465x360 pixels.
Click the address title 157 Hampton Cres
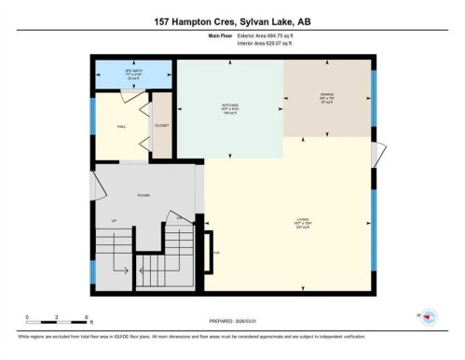pyautogui.click(x=232, y=20)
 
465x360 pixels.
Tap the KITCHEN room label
pyautogui.click(x=230, y=106)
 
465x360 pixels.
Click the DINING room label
pyautogui.click(x=326, y=97)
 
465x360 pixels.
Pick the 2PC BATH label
pyautogui.click(x=120, y=72)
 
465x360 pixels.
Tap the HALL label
pyautogui.click(x=120, y=125)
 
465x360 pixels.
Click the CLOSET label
pyautogui.click(x=161, y=126)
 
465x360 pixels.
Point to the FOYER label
pyautogui.click(x=144, y=195)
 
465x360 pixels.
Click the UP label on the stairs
pyautogui.click(x=114, y=220)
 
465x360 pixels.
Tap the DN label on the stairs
pyautogui.click(x=180, y=216)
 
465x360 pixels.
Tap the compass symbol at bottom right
pyautogui.click(x=430, y=317)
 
